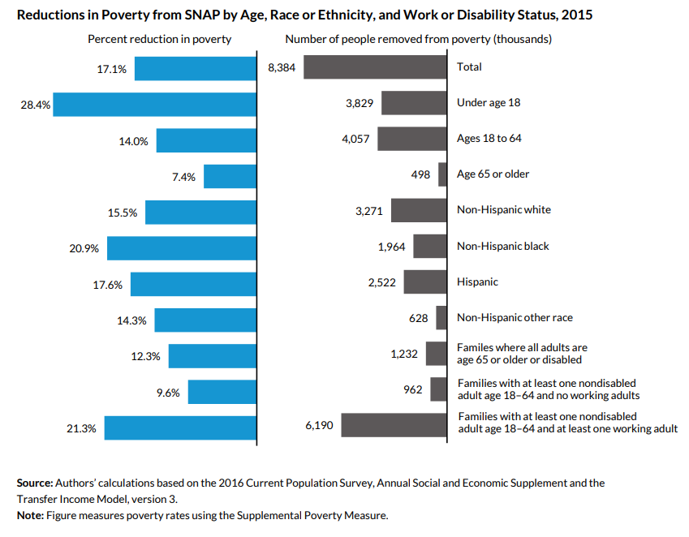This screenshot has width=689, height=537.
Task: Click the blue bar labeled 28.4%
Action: (x=155, y=105)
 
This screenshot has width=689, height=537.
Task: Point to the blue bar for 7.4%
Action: (x=230, y=176)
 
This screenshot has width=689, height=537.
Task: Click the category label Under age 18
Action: (x=489, y=103)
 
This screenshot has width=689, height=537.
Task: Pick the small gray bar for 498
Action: (x=443, y=174)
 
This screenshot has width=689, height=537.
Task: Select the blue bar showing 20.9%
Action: (x=182, y=248)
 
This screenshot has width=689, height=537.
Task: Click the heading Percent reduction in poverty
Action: (x=159, y=39)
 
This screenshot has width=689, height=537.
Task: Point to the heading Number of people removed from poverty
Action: (x=418, y=39)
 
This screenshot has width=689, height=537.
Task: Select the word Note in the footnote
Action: (x=30, y=515)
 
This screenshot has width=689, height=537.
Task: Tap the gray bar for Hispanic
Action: (x=425, y=282)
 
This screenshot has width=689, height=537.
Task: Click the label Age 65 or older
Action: (x=493, y=174)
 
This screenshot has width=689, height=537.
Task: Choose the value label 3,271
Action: (x=369, y=211)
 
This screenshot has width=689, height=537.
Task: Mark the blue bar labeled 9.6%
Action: (x=222, y=392)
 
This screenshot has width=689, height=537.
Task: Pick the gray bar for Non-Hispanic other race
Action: (x=441, y=318)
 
